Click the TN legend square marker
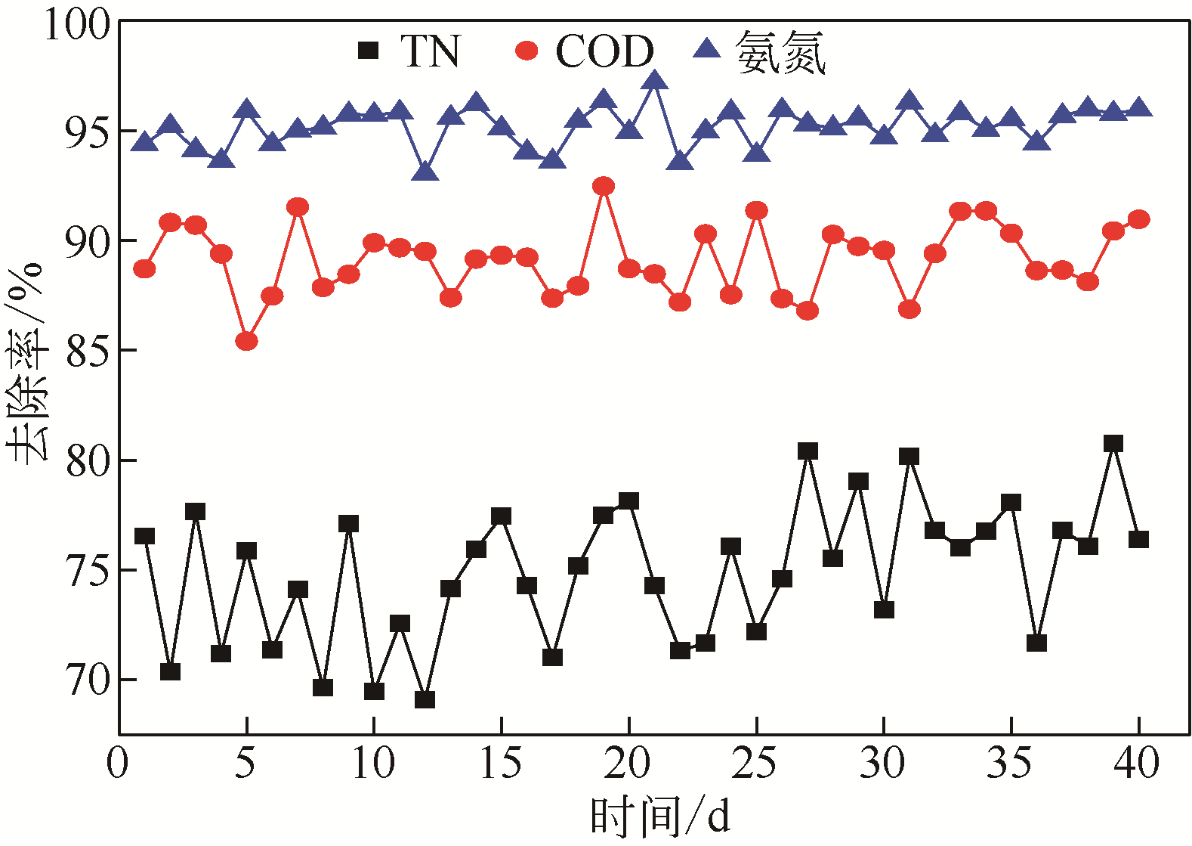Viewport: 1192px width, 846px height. [x=368, y=51]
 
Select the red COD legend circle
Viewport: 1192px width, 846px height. [x=527, y=51]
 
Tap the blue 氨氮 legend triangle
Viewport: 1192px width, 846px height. [x=708, y=49]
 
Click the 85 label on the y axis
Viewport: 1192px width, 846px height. [x=88, y=351]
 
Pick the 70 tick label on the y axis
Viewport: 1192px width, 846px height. [x=88, y=680]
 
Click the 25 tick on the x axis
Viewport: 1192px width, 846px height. [x=755, y=763]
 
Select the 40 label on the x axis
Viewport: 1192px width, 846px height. [x=1137, y=763]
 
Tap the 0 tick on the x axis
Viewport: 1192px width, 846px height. [x=118, y=763]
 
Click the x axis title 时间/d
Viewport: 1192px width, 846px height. [x=660, y=817]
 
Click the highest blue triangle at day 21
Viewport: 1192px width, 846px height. [x=655, y=79]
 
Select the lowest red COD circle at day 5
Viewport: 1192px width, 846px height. [x=246, y=342]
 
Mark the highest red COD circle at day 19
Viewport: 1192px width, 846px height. [x=604, y=186]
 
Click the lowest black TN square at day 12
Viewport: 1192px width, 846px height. [x=425, y=699]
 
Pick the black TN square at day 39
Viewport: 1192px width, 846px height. [x=1113, y=443]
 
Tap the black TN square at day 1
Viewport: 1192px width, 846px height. [x=144, y=536]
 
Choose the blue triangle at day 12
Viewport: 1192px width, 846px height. [x=425, y=172]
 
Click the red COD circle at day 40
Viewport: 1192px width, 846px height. [x=1138, y=219]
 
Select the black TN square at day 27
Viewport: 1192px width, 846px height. [x=808, y=451]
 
